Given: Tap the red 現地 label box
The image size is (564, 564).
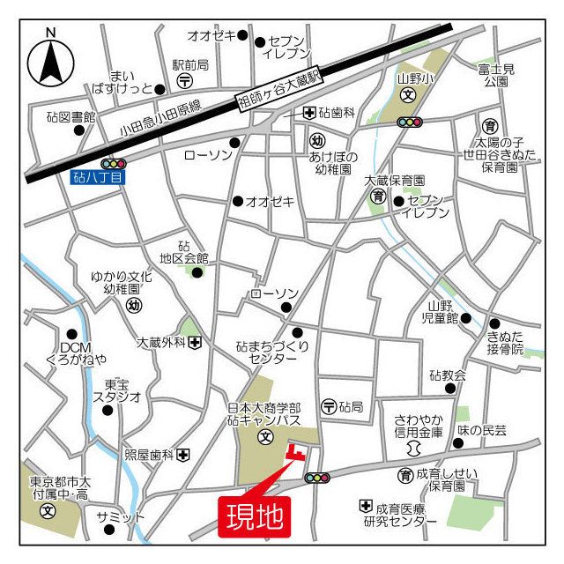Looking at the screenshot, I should (x=254, y=516).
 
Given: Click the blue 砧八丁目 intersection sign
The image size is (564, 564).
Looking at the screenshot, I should (x=100, y=177).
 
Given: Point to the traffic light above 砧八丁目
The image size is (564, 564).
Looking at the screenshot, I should (x=114, y=163).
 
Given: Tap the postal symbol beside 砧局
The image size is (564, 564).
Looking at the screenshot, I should (x=328, y=406).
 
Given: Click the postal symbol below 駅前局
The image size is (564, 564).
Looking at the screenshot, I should (x=185, y=80).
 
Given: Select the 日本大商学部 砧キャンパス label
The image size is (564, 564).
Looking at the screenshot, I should (x=263, y=413).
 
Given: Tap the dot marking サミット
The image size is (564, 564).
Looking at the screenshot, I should (x=109, y=530).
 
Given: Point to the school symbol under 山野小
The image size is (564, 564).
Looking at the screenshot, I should (x=408, y=93).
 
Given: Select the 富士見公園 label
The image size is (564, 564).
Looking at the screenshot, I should (x=494, y=74).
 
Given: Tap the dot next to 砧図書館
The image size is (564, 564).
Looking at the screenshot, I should (x=79, y=130).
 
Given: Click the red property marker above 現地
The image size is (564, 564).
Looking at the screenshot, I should (x=297, y=454).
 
